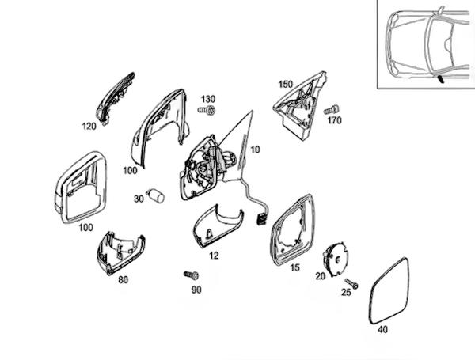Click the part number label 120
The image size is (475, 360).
[x=89, y=126]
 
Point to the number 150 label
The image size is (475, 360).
[x=286, y=83]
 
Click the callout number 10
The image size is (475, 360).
[x=255, y=149]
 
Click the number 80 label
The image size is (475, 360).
[x=123, y=279]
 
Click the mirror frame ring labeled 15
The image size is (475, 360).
[x=293, y=229]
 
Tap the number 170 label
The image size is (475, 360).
[x=334, y=121]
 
